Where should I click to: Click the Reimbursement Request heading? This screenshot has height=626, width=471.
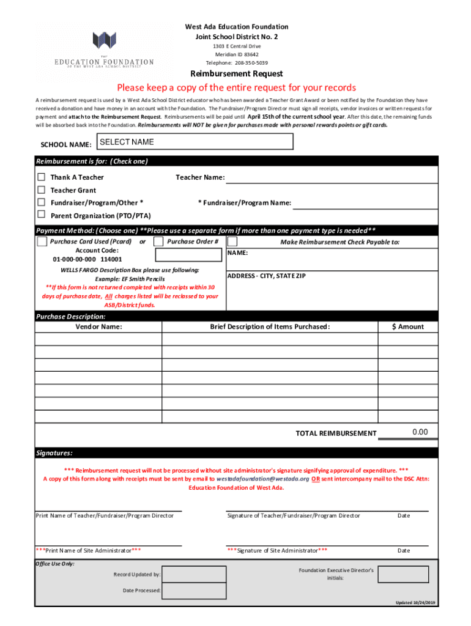pos(236,74)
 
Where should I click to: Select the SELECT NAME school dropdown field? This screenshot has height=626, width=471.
pos(195,142)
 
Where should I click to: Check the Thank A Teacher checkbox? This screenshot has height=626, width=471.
pos(42,177)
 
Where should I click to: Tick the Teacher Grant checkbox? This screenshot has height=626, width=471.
pos(42,190)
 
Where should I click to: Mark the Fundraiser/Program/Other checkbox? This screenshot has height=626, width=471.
pos(42,202)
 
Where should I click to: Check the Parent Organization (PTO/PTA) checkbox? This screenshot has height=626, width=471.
pos(42,215)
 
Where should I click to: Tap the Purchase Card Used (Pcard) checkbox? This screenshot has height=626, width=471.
pos(42,241)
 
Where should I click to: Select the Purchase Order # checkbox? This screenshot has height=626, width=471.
pos(157,241)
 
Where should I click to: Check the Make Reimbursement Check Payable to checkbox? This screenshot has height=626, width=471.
pos(232,241)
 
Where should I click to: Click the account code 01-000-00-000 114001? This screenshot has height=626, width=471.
pos(87,259)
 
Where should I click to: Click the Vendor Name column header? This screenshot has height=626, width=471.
pos(98,326)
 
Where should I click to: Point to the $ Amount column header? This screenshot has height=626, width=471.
pos(408,326)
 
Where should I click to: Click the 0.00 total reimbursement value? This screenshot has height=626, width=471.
pos(420,432)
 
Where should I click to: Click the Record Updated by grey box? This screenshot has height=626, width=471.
pos(188,574)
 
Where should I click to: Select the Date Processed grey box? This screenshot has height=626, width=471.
pos(188,590)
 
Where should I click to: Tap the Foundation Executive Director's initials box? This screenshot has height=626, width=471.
pos(403,574)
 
